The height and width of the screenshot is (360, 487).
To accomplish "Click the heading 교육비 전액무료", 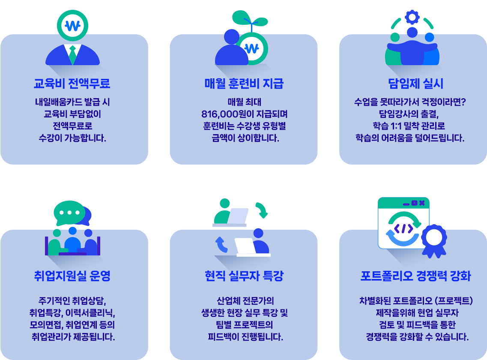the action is [72, 83].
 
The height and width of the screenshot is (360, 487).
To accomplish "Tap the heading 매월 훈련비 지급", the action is [244, 83].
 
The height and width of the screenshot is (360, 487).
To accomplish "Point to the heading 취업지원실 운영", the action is [72, 276].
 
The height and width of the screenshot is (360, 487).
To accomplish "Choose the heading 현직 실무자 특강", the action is [244, 276].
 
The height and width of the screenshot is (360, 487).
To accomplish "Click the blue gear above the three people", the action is [412, 17].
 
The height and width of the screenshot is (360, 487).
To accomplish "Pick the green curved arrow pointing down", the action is [262, 209].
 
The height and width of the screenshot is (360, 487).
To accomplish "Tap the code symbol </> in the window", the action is [403, 228].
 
